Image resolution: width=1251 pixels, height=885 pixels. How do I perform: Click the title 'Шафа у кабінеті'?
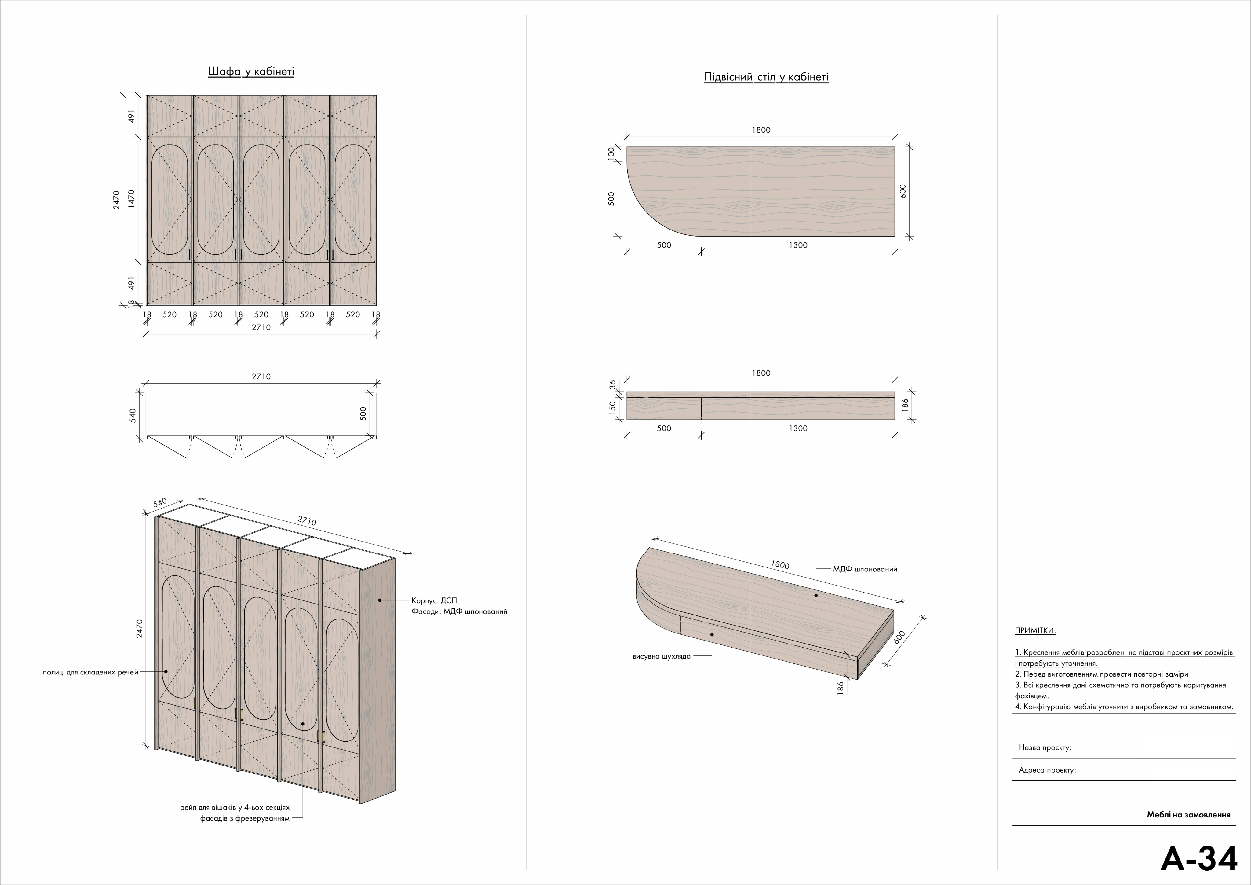tap(251, 72)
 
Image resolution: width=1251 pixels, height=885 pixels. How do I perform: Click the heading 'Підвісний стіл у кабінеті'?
tap(766, 77)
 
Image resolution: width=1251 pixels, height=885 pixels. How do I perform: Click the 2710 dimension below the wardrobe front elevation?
tap(261, 327)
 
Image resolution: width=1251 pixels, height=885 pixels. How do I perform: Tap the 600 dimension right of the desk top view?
tap(903, 191)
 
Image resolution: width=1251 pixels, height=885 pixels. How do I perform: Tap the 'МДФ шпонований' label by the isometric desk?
tap(865, 569)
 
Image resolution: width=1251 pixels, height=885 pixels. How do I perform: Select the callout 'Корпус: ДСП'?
tap(434, 600)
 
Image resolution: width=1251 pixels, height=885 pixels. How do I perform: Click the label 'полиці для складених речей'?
tap(90, 672)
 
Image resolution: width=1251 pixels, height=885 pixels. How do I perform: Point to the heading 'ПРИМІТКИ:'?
tap(1035, 631)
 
